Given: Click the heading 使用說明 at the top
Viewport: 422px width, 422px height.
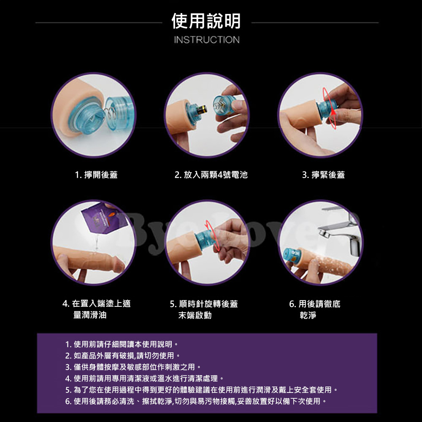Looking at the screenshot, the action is pos(206,21).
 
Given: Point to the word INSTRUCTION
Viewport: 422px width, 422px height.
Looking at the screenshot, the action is pos(207,40).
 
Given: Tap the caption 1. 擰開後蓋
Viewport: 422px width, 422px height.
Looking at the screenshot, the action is pos(96,175).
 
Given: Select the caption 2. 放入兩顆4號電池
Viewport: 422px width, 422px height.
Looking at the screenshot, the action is pos(211,175).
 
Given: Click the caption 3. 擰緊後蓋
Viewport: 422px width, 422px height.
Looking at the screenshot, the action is pos(324,175).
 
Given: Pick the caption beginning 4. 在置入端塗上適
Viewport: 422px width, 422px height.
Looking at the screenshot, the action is pos(96,309).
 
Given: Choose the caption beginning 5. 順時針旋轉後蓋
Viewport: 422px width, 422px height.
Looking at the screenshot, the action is pos(204,309).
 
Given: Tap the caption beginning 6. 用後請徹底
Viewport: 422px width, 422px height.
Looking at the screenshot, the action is pos(315,309).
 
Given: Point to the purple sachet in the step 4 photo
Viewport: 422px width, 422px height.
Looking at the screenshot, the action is pos(104,218).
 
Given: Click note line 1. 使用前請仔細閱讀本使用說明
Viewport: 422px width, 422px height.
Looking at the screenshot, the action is pos(122,344).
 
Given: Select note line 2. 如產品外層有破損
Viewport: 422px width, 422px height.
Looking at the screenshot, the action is pos(123,355).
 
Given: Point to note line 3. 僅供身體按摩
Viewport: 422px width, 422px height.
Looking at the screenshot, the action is pos(133,367).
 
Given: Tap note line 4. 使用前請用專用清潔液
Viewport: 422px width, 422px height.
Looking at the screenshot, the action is pos(144,379).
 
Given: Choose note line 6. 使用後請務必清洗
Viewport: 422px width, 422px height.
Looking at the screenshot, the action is pos(196,401).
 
